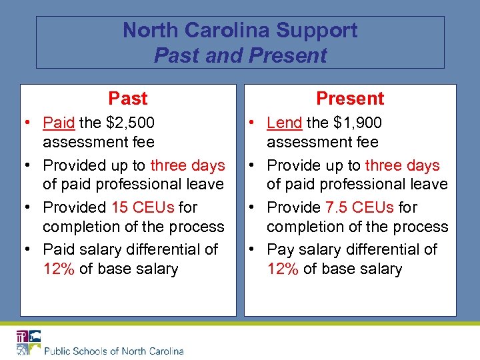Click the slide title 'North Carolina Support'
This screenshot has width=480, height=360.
(x=240, y=30)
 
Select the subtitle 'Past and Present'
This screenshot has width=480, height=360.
(x=240, y=55)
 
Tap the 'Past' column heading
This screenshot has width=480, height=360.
(x=127, y=99)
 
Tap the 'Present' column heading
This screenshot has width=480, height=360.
(x=350, y=99)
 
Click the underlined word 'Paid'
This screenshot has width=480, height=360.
(x=59, y=123)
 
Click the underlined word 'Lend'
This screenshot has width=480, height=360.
(x=284, y=123)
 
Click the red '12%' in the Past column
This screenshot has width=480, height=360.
(x=59, y=269)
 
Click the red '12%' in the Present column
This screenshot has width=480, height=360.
(x=283, y=269)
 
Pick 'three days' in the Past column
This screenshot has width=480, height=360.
(x=188, y=165)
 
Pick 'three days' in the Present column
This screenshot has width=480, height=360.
(x=403, y=165)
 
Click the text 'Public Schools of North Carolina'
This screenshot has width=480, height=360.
(x=113, y=351)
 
